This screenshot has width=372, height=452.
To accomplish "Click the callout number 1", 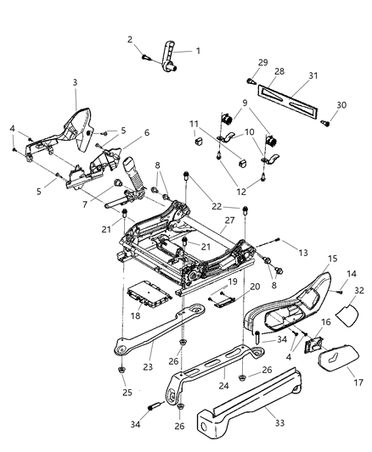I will coord(198,51).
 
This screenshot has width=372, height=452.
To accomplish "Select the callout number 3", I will coord(75,81).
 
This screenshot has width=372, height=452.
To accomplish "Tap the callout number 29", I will coord(262,63).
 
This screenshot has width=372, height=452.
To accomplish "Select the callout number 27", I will coord(228,220).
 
